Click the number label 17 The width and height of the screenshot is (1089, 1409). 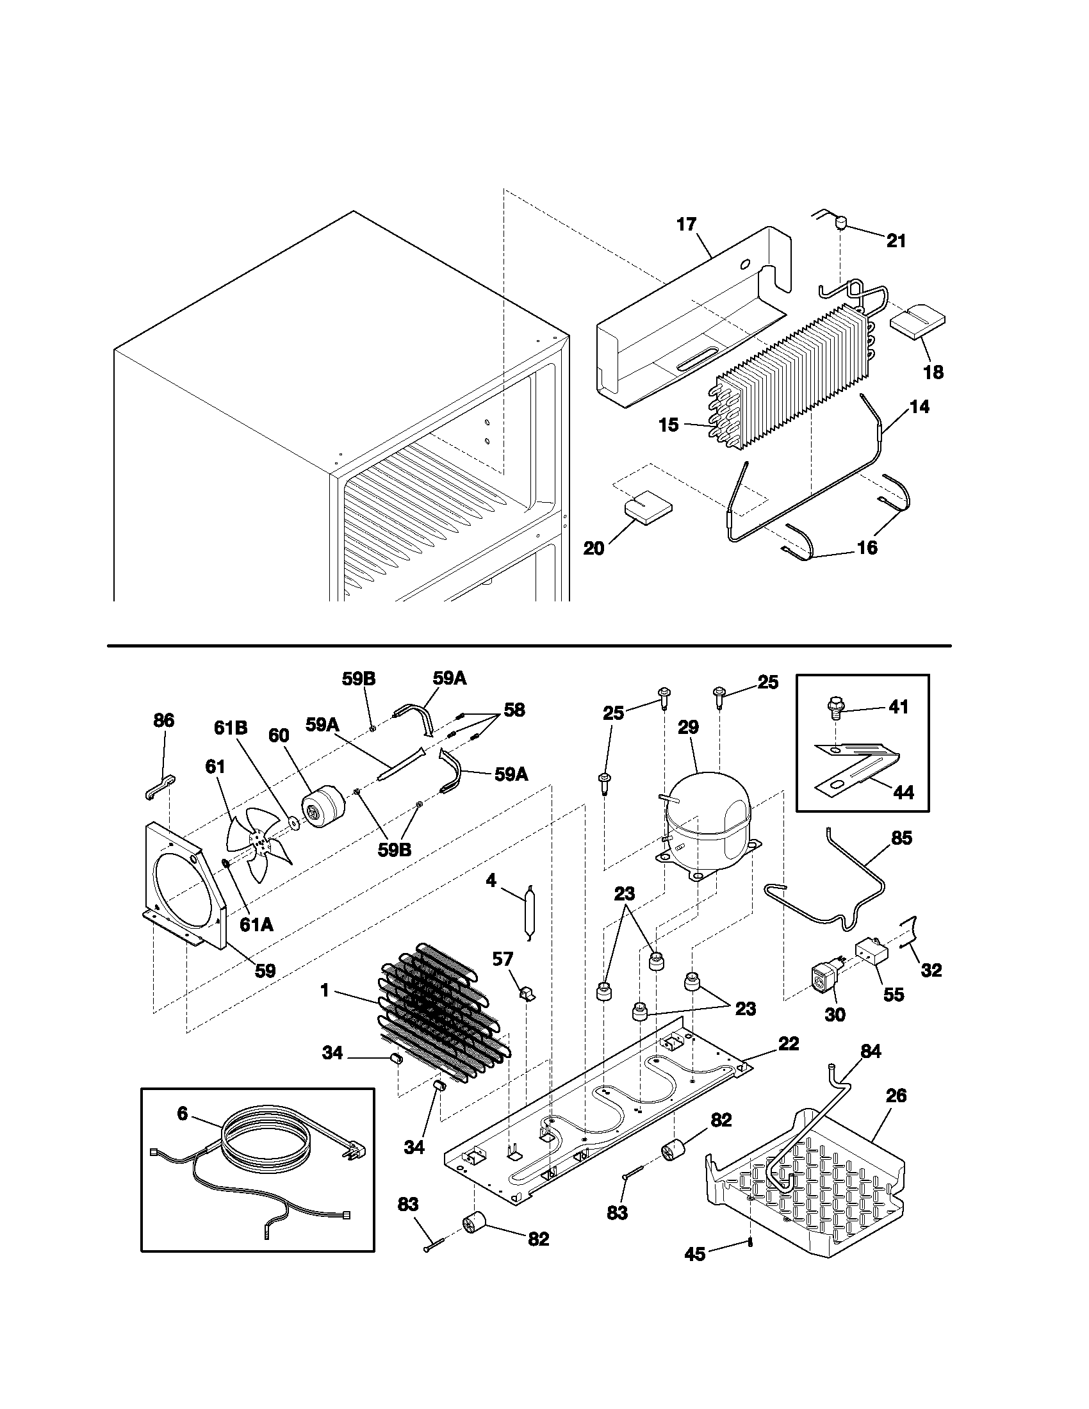pos(687,225)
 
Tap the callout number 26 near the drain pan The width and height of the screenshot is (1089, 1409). pos(896,1095)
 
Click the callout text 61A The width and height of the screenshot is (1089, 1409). pos(256,924)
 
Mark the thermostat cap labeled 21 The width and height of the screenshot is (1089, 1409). pos(840,224)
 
